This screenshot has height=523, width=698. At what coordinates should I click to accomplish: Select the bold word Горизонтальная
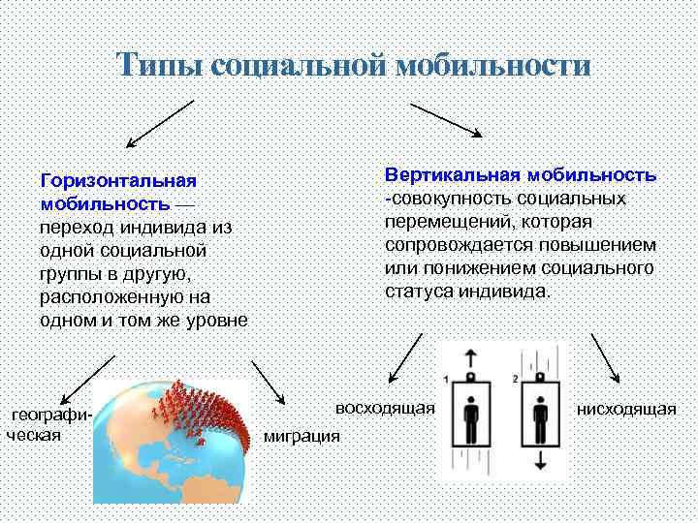(118, 181)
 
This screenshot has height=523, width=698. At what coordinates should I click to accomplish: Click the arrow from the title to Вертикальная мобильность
(447, 118)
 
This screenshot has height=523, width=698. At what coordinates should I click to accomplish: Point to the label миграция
(302, 436)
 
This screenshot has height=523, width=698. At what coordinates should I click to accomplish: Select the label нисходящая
(626, 409)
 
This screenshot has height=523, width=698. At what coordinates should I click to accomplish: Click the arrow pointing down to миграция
(268, 383)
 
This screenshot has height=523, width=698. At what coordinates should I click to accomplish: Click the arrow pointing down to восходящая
(406, 360)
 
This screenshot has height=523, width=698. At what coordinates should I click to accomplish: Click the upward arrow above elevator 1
(470, 355)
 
